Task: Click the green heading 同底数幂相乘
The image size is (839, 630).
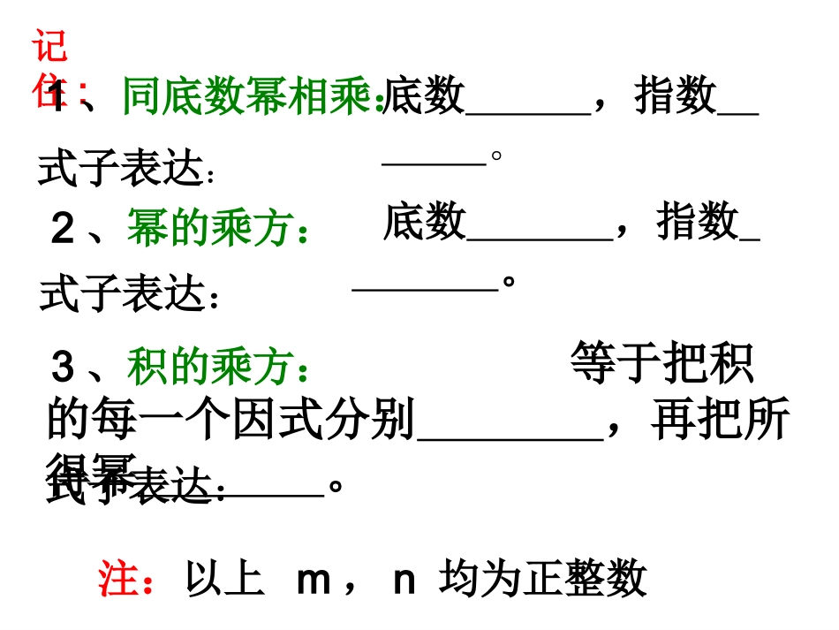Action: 251,96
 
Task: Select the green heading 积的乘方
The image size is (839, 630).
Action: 216,367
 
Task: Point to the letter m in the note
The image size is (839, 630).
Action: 314,581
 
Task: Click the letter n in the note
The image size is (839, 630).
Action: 404,581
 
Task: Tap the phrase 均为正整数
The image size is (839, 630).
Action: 542,581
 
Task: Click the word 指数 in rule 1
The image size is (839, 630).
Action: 675,95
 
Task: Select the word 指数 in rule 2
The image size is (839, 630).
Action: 697,221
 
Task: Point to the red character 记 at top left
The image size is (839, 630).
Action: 50,45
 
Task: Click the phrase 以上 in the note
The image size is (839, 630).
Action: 224,581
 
